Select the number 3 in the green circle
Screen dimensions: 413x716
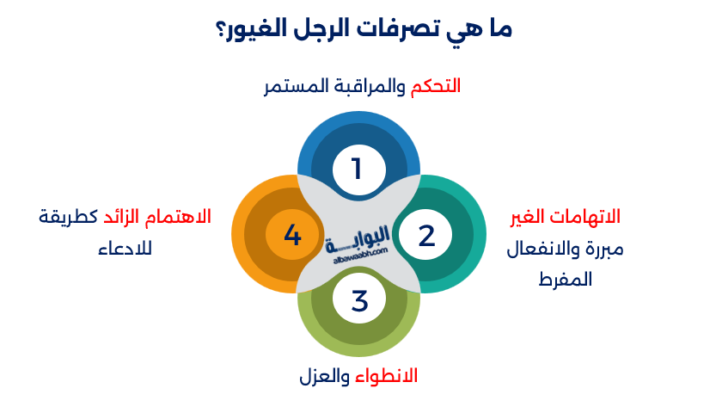point(359,301)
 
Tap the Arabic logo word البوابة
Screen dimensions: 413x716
point(359,234)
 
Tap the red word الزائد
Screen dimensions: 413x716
point(125,216)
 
